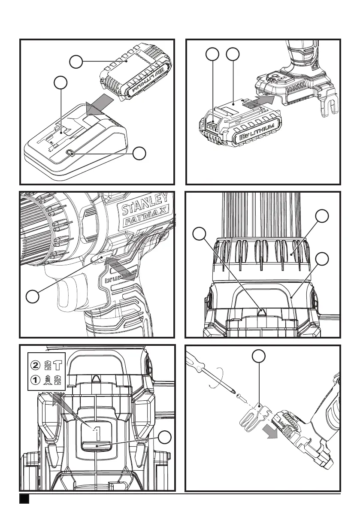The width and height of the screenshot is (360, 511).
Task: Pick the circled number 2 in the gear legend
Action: pos(36,365)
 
